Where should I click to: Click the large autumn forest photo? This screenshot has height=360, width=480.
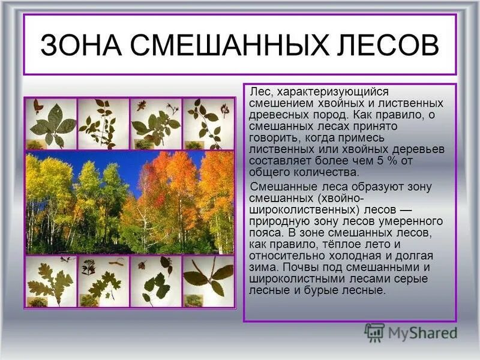pyautogui.click(x=130, y=202)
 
